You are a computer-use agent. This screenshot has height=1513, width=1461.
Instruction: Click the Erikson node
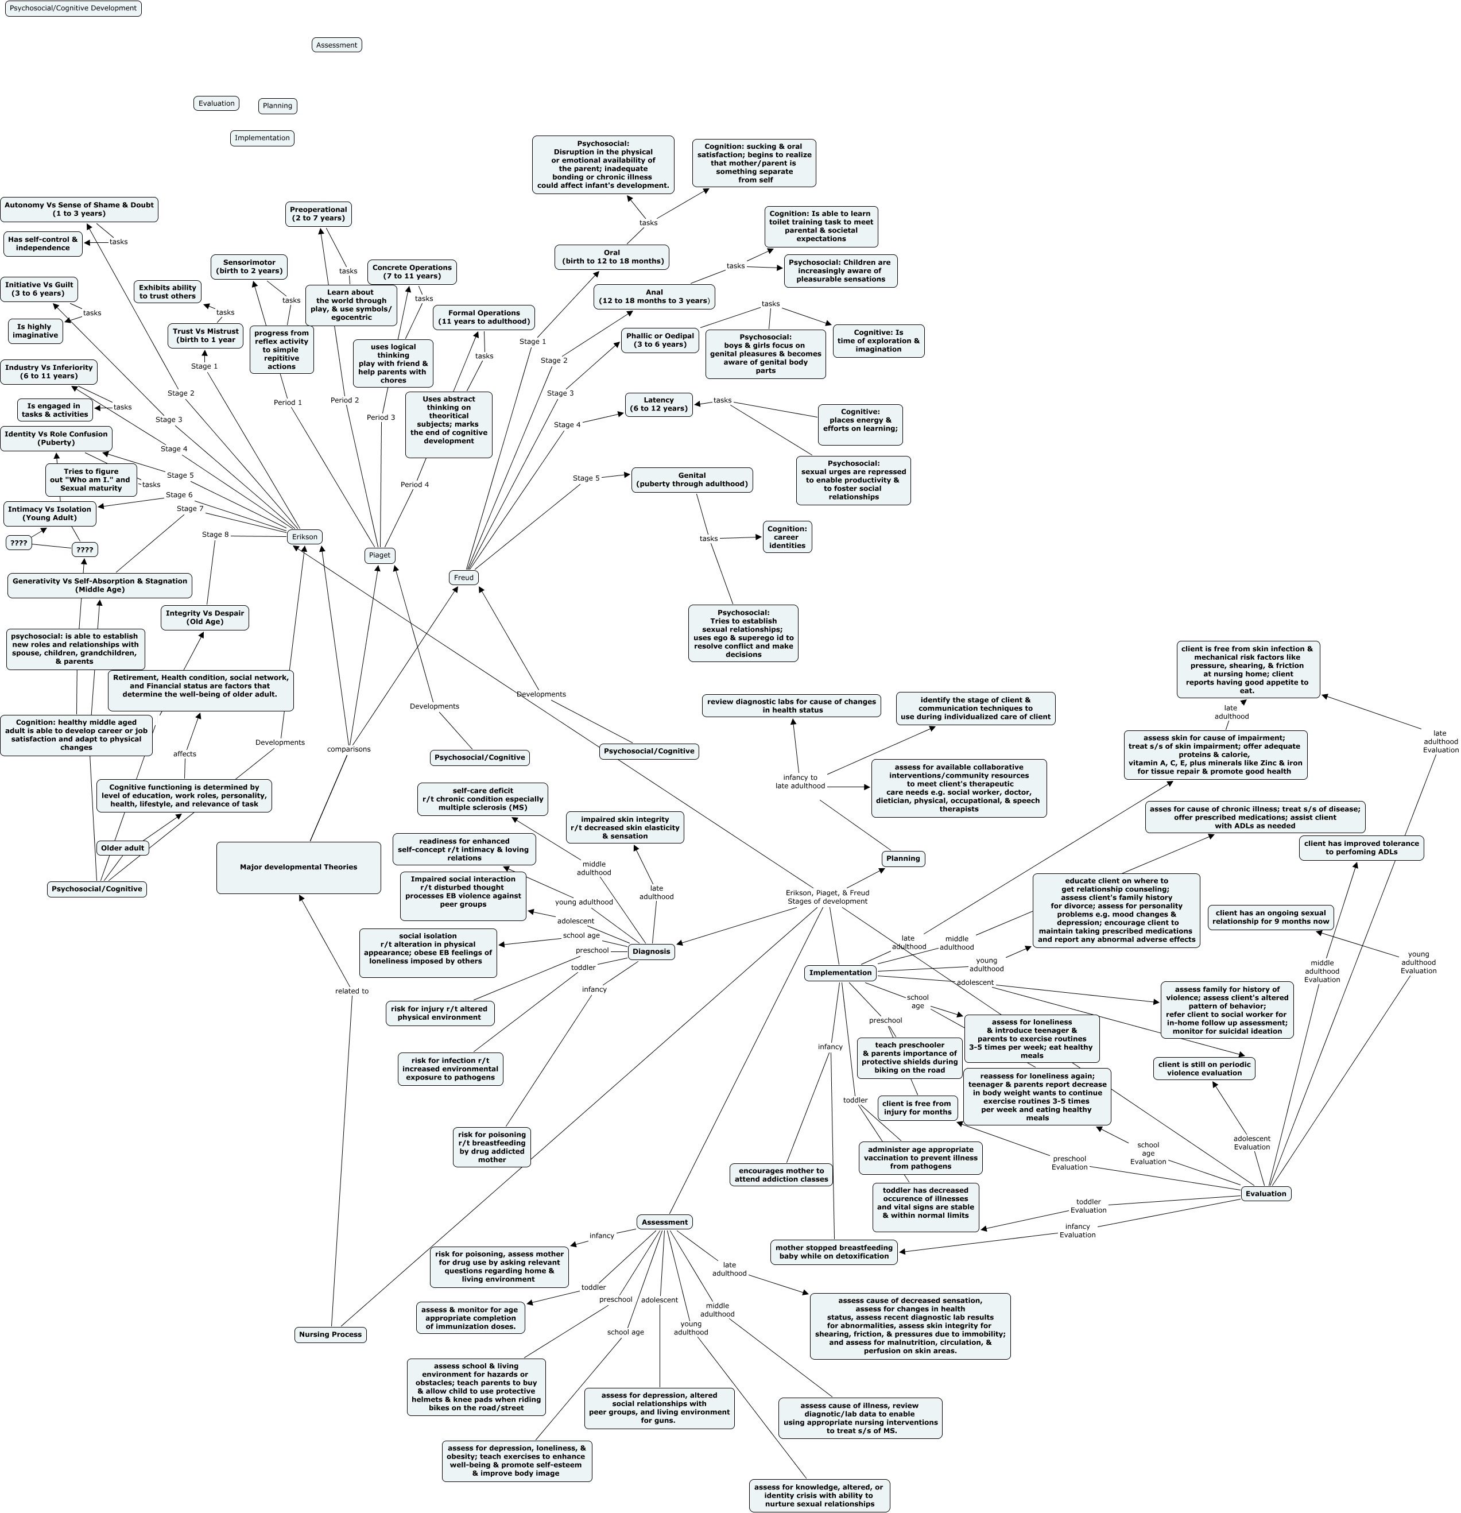pos(304,536)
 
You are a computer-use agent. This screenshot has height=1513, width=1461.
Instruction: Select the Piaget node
pos(379,555)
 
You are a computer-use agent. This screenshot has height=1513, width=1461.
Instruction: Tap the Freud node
pos(463,578)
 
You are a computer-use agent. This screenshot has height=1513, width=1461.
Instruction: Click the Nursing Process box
pos(330,1334)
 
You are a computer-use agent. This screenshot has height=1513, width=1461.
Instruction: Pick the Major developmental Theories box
pos(298,867)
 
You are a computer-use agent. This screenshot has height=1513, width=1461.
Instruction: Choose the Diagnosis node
pos(650,951)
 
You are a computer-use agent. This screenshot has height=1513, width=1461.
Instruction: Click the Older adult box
pos(122,848)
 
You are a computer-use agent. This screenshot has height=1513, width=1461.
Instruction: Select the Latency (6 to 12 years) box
pos(658,404)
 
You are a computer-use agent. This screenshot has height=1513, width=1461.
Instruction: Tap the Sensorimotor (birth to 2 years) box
pos(249,267)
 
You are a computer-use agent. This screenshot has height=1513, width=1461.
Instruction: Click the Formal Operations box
pos(483,318)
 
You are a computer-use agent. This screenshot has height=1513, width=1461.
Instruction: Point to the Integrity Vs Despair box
pos(204,618)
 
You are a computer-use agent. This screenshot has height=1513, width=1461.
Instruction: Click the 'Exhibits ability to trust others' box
pos(168,292)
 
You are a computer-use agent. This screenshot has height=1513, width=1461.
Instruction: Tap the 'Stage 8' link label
pos(215,534)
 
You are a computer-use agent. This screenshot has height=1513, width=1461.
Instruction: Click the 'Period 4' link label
pos(414,485)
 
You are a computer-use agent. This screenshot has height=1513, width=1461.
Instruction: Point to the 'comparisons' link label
pos(349,749)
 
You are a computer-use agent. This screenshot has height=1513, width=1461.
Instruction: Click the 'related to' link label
pos(351,990)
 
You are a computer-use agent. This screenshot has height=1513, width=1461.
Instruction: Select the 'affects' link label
pos(184,753)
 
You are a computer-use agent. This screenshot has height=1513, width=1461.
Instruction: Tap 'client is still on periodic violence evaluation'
pos(1204,1069)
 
